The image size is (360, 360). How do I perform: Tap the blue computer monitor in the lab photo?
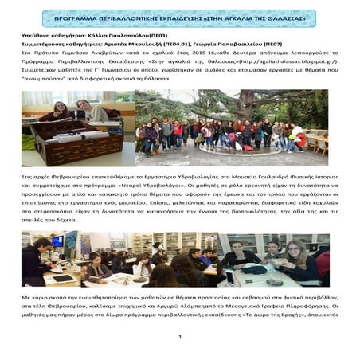[x=57, y=241]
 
